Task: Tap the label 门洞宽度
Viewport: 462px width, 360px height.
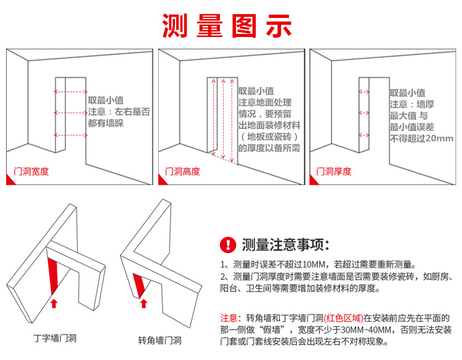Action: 31,171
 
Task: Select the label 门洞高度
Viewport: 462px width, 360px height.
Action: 183,171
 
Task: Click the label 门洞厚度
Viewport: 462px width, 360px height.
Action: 334,171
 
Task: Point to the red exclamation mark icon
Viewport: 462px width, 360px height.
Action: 229,245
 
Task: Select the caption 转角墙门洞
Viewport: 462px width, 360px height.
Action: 160,340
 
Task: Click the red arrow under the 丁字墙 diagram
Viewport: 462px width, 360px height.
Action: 54,303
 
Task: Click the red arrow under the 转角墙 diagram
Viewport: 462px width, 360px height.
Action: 144,303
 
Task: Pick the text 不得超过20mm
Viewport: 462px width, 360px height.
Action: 422,139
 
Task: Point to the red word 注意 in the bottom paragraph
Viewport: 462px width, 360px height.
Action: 229,319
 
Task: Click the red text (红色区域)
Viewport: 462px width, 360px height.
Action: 343,319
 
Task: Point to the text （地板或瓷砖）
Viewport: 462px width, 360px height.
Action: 269,137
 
